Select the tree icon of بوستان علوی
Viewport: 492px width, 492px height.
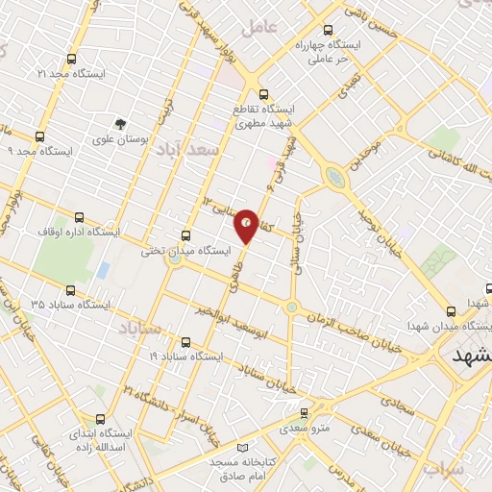[120, 123]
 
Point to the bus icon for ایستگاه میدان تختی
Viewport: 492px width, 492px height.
[186, 234]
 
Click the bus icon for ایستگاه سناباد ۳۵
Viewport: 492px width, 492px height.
[70, 289]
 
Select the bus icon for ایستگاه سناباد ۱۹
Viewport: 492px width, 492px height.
[185, 341]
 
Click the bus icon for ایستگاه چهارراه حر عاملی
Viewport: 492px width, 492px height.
[330, 30]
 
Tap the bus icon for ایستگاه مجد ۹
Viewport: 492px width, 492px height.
[39, 136]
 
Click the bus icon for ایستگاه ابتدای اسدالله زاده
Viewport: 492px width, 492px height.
[101, 419]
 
